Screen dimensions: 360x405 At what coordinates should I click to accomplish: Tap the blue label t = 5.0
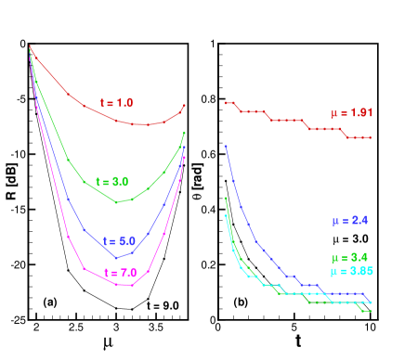[120, 240]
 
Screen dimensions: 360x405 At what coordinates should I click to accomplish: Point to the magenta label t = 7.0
[121, 273]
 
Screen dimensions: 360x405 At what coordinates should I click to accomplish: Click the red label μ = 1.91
[351, 113]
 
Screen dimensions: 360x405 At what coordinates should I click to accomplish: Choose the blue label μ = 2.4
[350, 221]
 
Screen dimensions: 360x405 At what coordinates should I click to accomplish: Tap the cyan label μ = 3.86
[351, 271]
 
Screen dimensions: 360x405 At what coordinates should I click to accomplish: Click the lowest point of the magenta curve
[116, 284]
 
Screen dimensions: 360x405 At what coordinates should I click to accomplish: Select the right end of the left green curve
[185, 133]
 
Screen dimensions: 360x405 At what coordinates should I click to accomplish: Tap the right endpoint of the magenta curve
[185, 157]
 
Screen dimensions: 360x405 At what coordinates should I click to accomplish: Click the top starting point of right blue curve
[226, 146]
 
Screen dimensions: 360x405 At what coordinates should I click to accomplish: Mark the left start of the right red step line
[226, 103]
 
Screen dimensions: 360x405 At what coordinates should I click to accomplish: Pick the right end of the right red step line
[371, 137]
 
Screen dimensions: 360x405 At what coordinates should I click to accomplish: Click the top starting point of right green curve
[226, 198]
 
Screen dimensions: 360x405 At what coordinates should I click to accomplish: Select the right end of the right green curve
[371, 311]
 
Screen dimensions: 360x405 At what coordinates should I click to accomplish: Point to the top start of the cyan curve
[226, 215]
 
